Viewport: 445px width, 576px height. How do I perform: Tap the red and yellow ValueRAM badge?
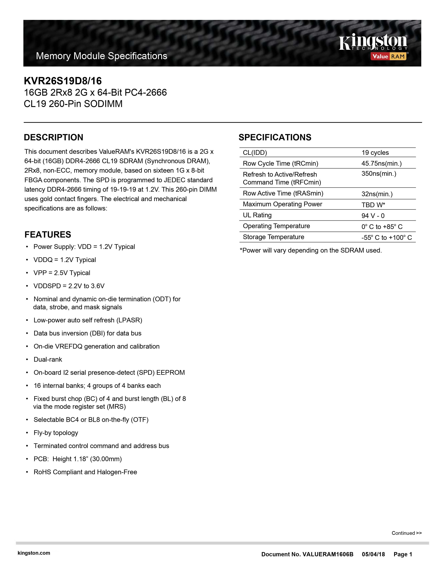389,56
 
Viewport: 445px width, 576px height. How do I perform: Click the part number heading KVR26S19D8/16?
63,81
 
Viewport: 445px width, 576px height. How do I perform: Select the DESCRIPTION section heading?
54,137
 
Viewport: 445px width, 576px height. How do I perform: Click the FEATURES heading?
48,234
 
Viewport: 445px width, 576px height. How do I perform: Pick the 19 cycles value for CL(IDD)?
375,153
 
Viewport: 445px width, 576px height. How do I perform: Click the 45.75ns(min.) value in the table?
381,164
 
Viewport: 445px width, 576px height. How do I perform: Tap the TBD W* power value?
373,205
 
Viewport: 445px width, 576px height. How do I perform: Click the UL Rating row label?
257,215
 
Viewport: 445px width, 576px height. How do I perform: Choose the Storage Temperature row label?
273,237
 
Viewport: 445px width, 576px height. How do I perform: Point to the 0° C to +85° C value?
382,227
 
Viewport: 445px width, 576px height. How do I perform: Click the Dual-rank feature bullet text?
48,359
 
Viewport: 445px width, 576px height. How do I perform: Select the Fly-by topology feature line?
56,433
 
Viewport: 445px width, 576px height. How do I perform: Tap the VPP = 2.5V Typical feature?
62,273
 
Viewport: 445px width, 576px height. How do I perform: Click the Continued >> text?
406,533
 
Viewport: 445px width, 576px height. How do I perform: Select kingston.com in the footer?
34,553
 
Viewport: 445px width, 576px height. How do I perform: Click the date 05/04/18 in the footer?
373,554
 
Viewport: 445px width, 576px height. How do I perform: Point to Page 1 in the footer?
403,554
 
